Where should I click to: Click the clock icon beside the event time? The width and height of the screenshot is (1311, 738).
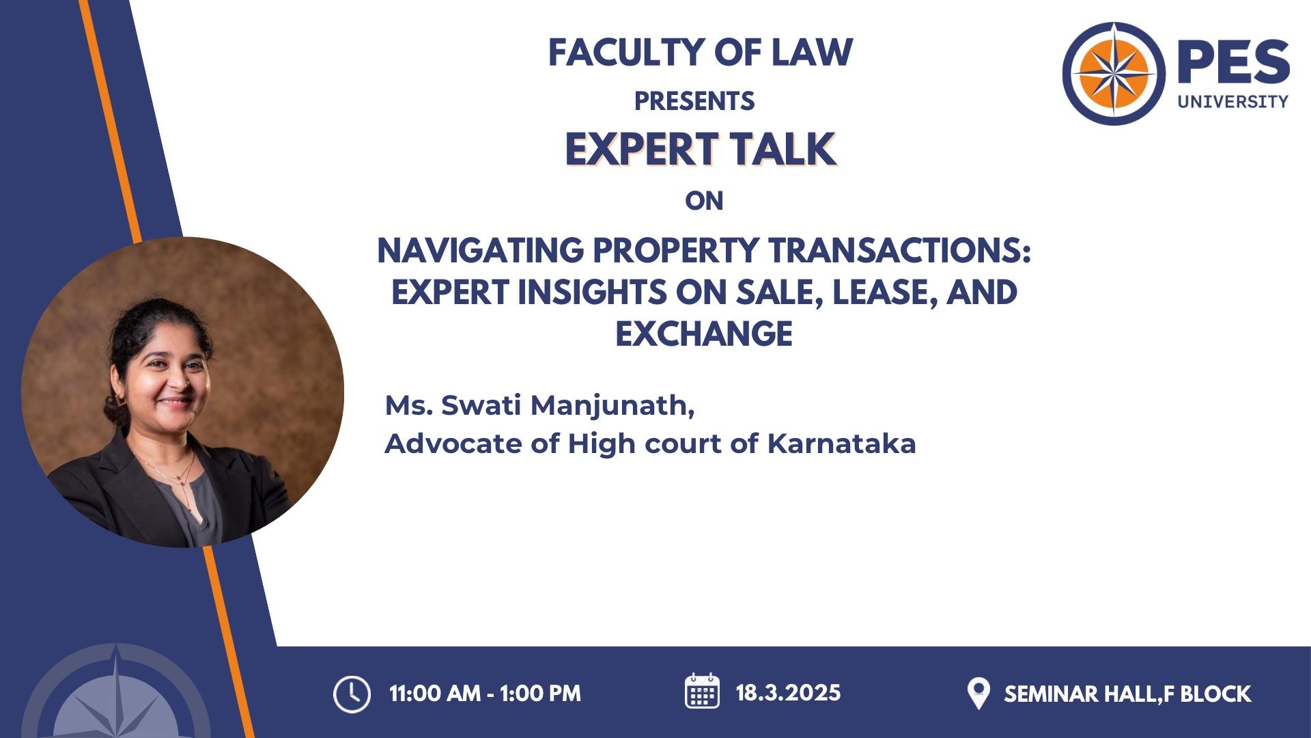(352, 694)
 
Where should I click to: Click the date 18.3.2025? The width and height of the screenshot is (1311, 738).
(788, 693)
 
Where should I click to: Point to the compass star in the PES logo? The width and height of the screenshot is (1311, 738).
(1114, 73)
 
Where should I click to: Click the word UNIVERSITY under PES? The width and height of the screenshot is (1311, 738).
(1232, 101)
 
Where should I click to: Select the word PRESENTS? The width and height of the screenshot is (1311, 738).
(694, 101)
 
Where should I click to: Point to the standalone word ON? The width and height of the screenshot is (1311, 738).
(704, 201)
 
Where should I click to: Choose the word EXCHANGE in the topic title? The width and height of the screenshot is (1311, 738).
(704, 334)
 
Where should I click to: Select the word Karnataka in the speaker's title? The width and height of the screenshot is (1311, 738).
(841, 443)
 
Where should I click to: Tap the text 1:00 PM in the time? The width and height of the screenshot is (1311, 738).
(540, 694)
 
